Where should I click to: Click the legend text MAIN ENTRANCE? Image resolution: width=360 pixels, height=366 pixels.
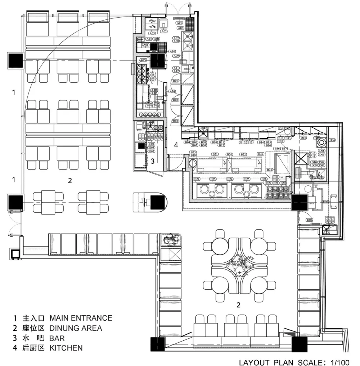pos(81,318)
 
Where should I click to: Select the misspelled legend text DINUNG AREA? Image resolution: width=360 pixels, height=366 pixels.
pos(76,328)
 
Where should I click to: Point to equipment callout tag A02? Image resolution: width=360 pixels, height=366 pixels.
pos(164,32)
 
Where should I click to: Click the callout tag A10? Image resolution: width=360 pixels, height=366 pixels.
pos(172,52)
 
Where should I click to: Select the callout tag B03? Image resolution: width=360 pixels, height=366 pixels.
pos(176,121)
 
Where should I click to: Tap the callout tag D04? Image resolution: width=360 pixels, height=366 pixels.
pos(332,140)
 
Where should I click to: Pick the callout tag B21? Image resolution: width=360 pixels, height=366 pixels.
pos(215,154)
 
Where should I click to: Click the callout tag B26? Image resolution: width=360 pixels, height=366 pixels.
pos(264,179)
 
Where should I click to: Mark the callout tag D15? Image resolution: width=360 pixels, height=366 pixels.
pos(303,138)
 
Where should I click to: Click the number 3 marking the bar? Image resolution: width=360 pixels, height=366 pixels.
pos(153,162)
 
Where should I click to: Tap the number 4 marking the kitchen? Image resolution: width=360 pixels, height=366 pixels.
pos(176,145)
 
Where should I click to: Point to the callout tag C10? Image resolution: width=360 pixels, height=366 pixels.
pos(160,98)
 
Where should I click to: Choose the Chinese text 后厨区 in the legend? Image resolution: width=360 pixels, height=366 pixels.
pos(33,348)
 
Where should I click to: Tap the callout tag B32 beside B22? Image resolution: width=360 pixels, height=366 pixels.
pos(260,154)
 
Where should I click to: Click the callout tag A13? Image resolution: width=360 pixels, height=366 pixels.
pos(173,92)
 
